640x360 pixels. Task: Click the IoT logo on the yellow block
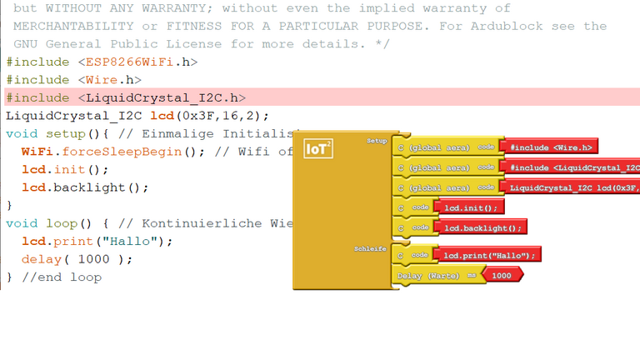click(317, 148)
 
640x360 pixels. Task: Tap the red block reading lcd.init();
click(471, 207)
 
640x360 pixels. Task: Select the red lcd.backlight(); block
click(482, 227)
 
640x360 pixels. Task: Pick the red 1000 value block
click(502, 275)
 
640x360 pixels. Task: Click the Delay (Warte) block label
click(428, 275)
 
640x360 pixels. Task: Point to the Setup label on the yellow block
click(377, 141)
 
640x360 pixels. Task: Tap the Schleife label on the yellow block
click(371, 248)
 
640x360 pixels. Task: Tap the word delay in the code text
click(42, 259)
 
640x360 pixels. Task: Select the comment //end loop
click(62, 277)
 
